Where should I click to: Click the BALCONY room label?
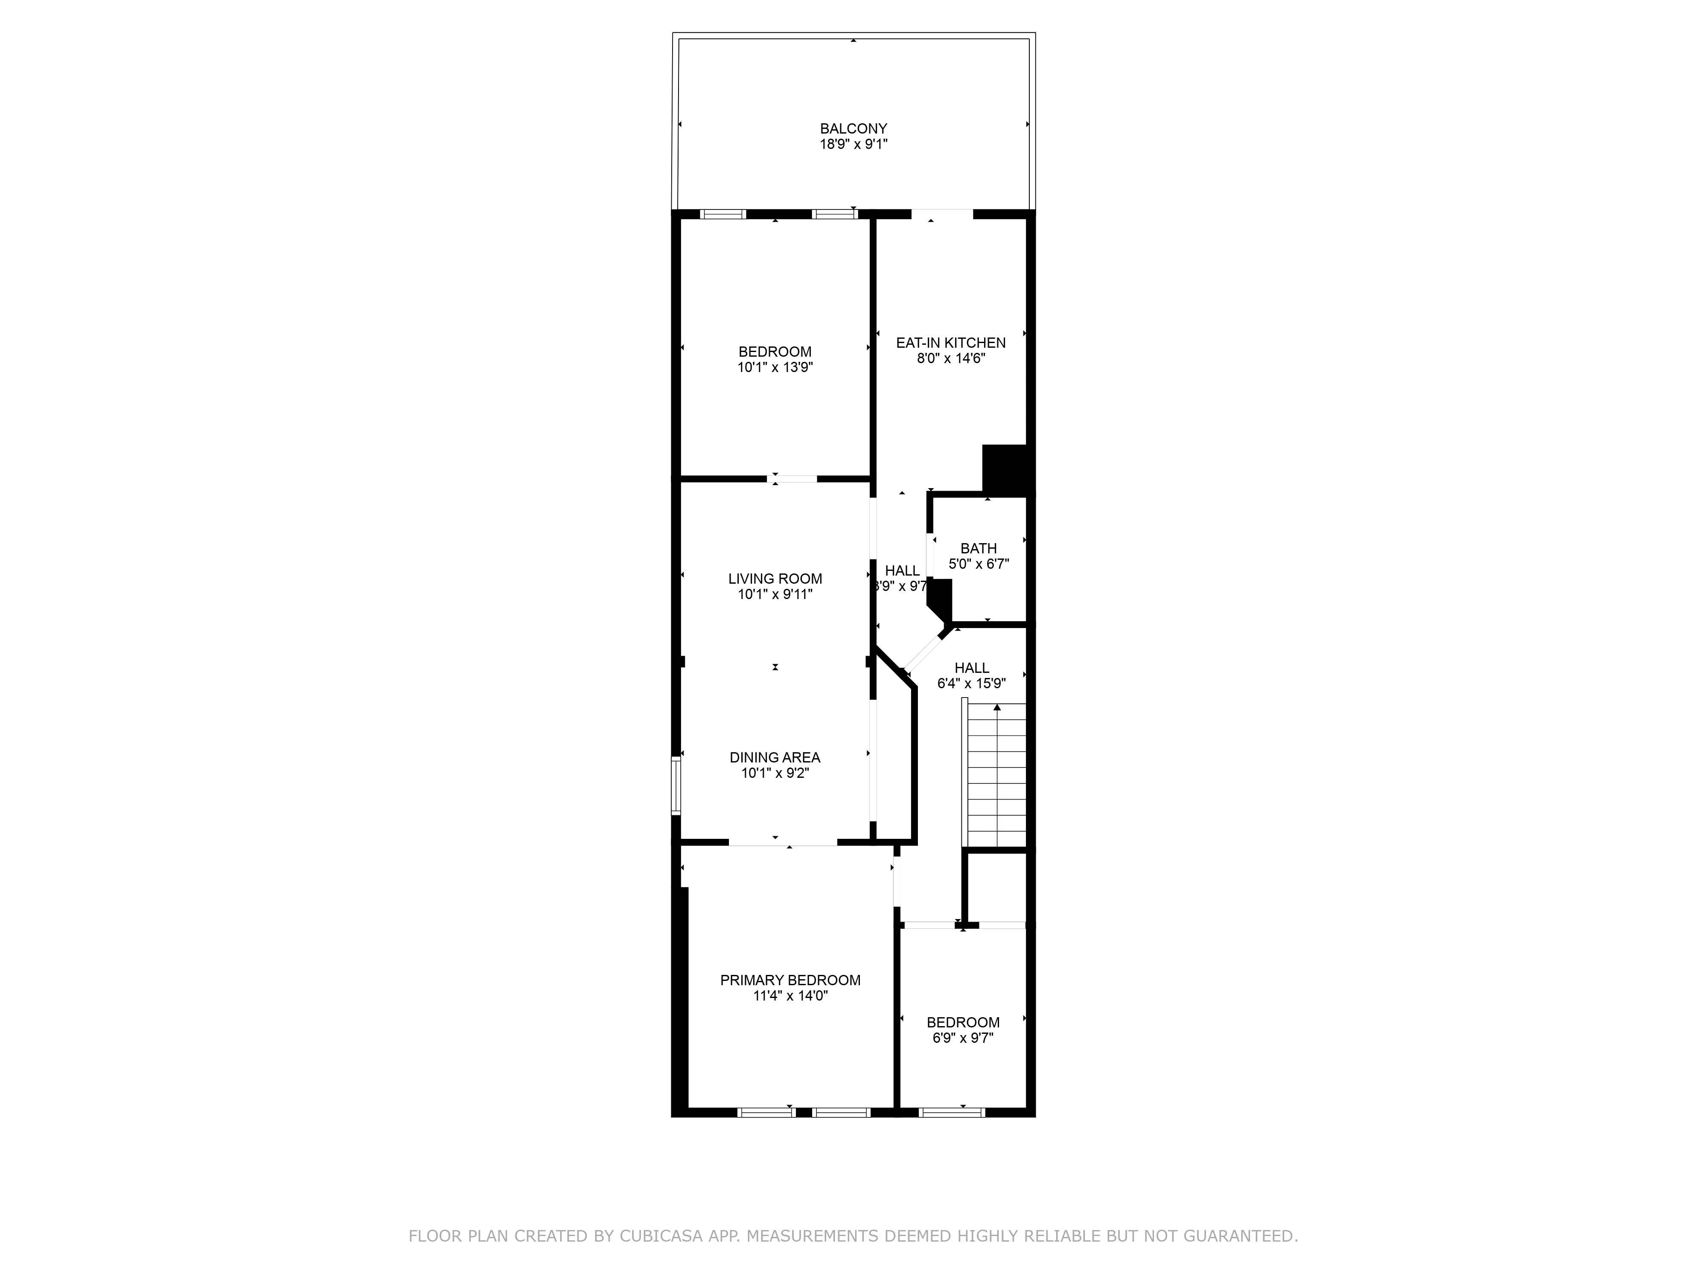(853, 129)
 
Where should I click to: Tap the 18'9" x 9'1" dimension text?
(853, 144)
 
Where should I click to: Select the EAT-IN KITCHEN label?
(951, 343)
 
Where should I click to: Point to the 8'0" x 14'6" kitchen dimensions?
(951, 358)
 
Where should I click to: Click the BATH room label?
(979, 549)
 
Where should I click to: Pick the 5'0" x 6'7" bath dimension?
(979, 564)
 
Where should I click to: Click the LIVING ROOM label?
(775, 579)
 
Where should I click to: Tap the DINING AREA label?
(775, 758)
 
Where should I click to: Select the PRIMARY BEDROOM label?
(790, 980)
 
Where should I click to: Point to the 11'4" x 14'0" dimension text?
(790, 996)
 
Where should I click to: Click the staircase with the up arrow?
(997, 775)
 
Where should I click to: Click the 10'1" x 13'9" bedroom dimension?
(775, 367)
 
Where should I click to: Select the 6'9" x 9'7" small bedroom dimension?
(963, 1038)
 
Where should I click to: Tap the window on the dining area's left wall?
(676, 785)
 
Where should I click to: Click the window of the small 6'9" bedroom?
(952, 1112)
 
